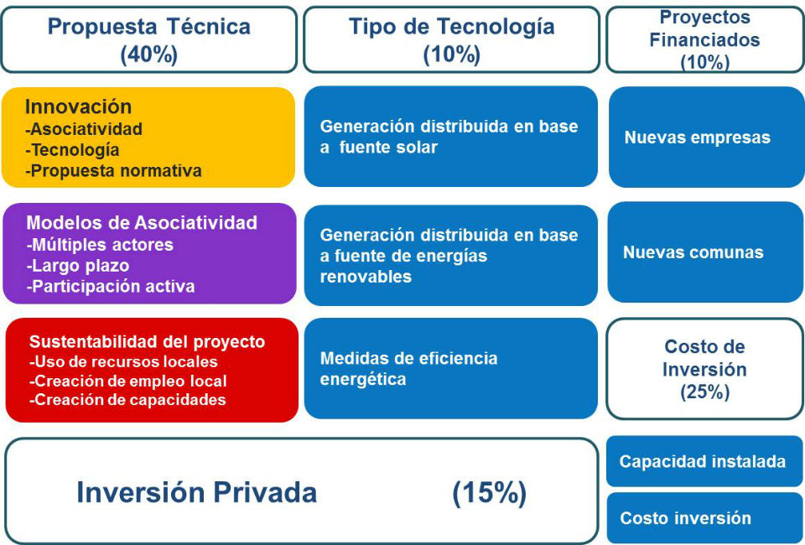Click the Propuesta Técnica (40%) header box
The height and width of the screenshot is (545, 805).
click(149, 39)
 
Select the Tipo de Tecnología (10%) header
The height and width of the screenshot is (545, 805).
click(451, 39)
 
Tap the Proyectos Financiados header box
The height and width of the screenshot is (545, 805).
click(705, 39)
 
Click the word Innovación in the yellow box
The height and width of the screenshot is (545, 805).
click(78, 106)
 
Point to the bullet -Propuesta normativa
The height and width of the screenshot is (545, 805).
click(113, 170)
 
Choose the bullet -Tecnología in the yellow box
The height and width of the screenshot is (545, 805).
click(72, 150)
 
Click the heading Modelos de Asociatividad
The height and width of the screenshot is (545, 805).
click(142, 223)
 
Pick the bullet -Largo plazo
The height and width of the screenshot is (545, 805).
click(77, 266)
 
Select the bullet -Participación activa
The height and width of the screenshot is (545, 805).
click(111, 287)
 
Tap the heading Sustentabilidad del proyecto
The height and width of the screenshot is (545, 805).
click(147, 342)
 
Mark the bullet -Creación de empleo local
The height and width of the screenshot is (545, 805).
click(127, 381)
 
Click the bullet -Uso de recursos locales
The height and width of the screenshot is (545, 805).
click(123, 361)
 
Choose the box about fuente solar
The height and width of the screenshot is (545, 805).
click(451, 137)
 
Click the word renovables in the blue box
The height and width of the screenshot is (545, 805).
click(366, 278)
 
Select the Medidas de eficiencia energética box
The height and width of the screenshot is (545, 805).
click(451, 368)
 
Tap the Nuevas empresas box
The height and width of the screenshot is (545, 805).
click(706, 137)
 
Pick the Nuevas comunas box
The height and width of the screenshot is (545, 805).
click(705, 252)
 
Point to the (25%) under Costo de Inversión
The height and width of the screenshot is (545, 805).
click(705, 392)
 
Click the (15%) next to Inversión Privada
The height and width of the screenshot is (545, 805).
click(489, 493)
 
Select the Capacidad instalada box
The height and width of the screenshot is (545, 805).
click(705, 461)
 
